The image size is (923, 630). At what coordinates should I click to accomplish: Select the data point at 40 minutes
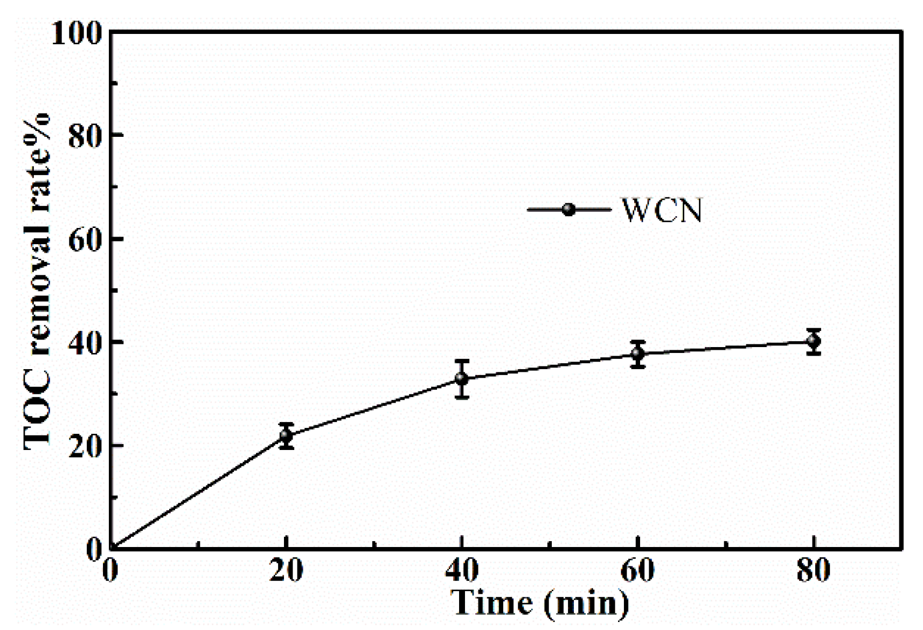coord(462,378)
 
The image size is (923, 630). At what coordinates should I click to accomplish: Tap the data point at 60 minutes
coord(638,354)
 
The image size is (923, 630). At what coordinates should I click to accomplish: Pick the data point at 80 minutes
coord(814,341)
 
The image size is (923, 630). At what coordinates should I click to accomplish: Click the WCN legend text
coord(662,210)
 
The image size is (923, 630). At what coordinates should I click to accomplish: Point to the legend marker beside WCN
coord(568,210)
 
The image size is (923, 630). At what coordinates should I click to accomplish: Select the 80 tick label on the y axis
coord(85,135)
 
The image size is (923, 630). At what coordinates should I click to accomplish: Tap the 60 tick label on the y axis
coord(85,239)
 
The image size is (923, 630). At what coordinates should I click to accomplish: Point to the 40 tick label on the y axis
coord(85,342)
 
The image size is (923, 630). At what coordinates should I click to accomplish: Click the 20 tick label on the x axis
coord(286,571)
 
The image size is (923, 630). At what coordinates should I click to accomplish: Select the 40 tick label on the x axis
coord(462,571)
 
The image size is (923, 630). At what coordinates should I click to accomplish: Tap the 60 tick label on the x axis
coord(637,571)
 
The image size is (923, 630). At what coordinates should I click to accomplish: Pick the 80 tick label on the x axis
coord(813,571)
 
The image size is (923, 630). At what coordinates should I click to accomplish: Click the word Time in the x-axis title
coord(492,603)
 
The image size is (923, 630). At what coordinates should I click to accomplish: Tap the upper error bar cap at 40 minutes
coord(462,361)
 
